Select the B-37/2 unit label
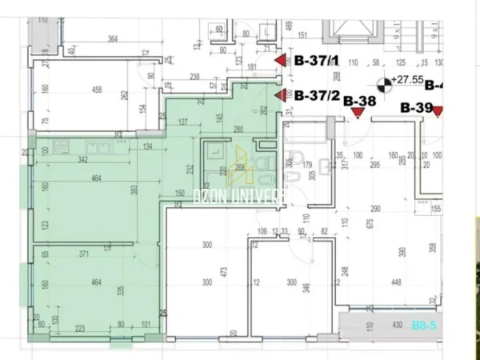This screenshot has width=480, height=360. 317,95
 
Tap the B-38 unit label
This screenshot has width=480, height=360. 359,101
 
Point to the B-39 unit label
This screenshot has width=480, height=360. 416,107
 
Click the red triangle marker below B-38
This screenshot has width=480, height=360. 357,114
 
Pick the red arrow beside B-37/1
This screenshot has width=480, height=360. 280,60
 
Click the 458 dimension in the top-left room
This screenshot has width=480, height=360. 97,90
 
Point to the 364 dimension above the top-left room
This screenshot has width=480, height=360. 113,38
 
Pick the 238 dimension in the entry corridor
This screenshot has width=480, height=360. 194,78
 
